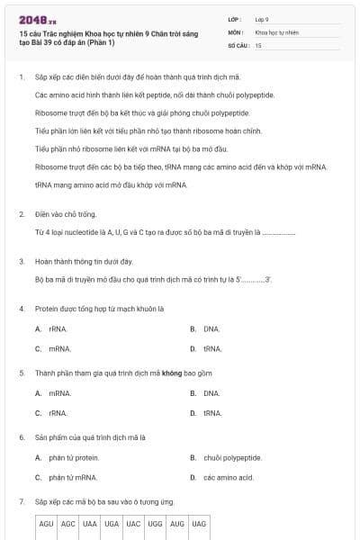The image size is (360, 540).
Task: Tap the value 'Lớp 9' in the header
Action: pyautogui.click(x=262, y=19)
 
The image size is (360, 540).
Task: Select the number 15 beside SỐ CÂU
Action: pyautogui.click(x=258, y=44)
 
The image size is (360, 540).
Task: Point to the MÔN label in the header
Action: pyautogui.click(x=235, y=31)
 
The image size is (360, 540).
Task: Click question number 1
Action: pyautogui.click(x=21, y=76)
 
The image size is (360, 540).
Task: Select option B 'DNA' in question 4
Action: pyautogui.click(x=211, y=328)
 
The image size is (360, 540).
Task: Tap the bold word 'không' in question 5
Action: pyautogui.click(x=172, y=373)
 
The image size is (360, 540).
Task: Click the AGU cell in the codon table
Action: pyautogui.click(x=47, y=523)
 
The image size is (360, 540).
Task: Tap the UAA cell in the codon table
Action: pyautogui.click(x=90, y=523)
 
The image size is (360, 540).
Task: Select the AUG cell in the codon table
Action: pyautogui.click(x=177, y=523)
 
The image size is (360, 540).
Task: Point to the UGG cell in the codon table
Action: pyautogui.click(x=155, y=523)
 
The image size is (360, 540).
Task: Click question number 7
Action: pyautogui.click(x=21, y=500)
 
